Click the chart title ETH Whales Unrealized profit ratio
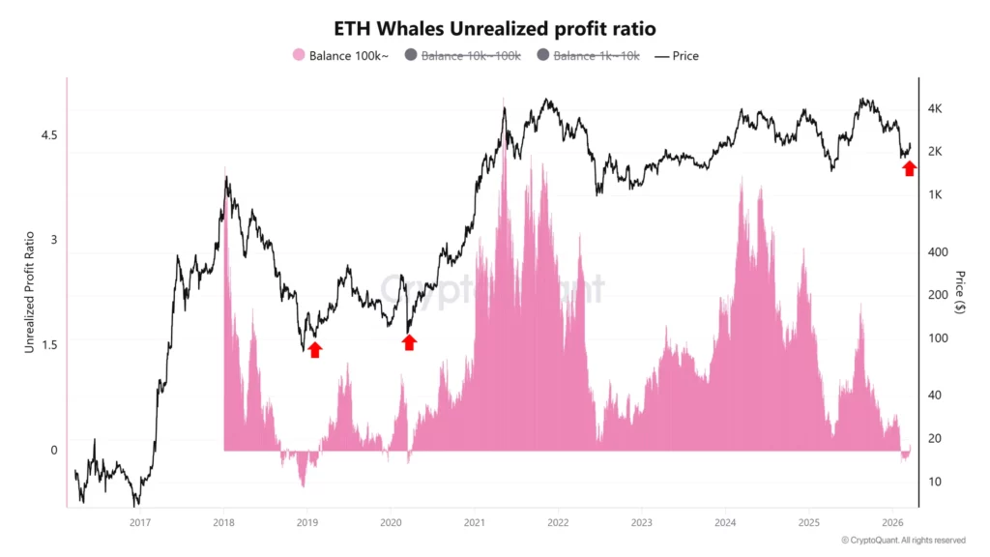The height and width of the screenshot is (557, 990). coord(495,28)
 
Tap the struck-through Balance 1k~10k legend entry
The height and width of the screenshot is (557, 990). coord(588,56)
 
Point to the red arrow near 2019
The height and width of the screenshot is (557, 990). coord(314,349)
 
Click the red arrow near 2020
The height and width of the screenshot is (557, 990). coord(409,341)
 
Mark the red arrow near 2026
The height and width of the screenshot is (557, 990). coord(909,168)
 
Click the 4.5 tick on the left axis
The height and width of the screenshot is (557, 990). coord(49,135)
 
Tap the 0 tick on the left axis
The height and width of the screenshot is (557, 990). coord(54,450)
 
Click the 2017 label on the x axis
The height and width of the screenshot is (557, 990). coord(140,522)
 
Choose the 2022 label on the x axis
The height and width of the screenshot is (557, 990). coord(558,522)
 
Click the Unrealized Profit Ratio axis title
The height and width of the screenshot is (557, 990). coord(29,291)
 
